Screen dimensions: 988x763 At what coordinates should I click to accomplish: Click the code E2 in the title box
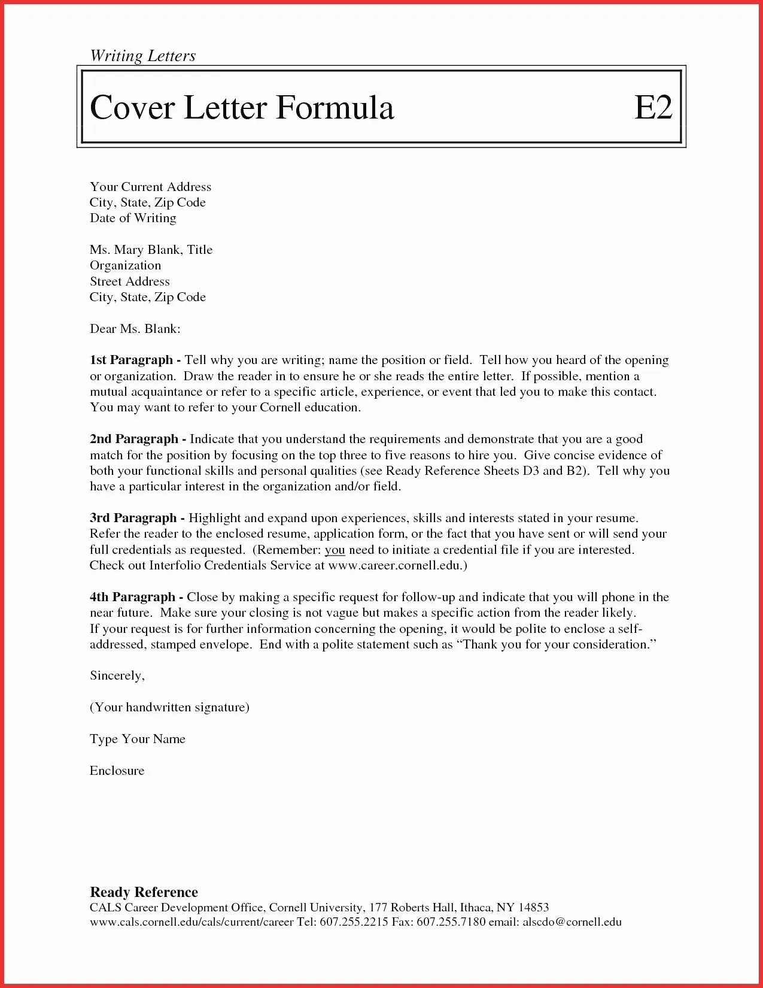tap(653, 108)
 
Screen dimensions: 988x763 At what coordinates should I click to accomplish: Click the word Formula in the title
tap(335, 108)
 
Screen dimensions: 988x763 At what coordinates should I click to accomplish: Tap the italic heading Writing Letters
tap(142, 56)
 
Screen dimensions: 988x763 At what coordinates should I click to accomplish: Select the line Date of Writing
tap(133, 218)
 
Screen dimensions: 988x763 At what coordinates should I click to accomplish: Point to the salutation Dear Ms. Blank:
tap(135, 328)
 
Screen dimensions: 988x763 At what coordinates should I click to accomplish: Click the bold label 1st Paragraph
tap(131, 360)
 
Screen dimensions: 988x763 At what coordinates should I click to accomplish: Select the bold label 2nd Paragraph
tap(133, 439)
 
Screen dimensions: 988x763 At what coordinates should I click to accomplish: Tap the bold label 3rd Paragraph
tap(133, 518)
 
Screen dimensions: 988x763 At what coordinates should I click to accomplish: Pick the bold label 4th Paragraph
tap(132, 597)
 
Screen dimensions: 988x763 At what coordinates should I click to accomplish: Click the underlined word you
tap(335, 550)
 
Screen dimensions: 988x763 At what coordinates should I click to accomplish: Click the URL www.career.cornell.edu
tap(395, 565)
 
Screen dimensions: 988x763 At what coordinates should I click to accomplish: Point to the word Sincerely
tap(117, 675)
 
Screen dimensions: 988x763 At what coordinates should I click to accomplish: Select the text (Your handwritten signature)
tap(169, 707)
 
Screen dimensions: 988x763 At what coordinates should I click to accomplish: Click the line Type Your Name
tap(138, 739)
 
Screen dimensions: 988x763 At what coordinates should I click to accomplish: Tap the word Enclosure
tap(117, 771)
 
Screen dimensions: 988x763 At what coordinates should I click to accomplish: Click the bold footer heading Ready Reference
tap(144, 892)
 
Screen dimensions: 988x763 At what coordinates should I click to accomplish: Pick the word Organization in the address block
tap(125, 265)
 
